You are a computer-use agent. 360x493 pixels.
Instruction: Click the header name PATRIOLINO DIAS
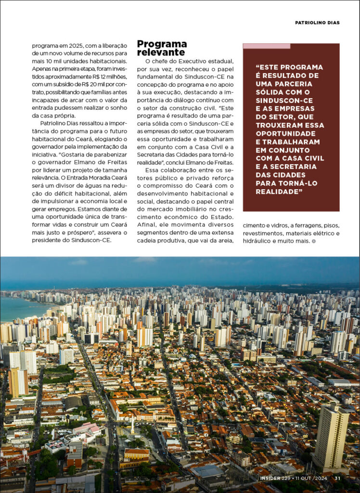click(x=317, y=23)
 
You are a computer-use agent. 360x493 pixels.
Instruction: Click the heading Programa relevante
click(x=162, y=48)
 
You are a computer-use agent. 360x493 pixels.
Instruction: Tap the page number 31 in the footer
click(x=337, y=478)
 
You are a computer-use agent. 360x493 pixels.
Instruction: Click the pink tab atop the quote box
click(x=266, y=46)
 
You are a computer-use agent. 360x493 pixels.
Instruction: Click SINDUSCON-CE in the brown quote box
click(x=284, y=100)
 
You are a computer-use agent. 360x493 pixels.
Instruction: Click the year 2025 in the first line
click(x=73, y=46)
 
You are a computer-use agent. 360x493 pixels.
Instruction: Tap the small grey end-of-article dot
click(x=314, y=241)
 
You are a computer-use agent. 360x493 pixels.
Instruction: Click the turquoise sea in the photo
click(x=19, y=308)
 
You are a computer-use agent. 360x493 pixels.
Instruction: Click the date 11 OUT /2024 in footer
click(x=314, y=478)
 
